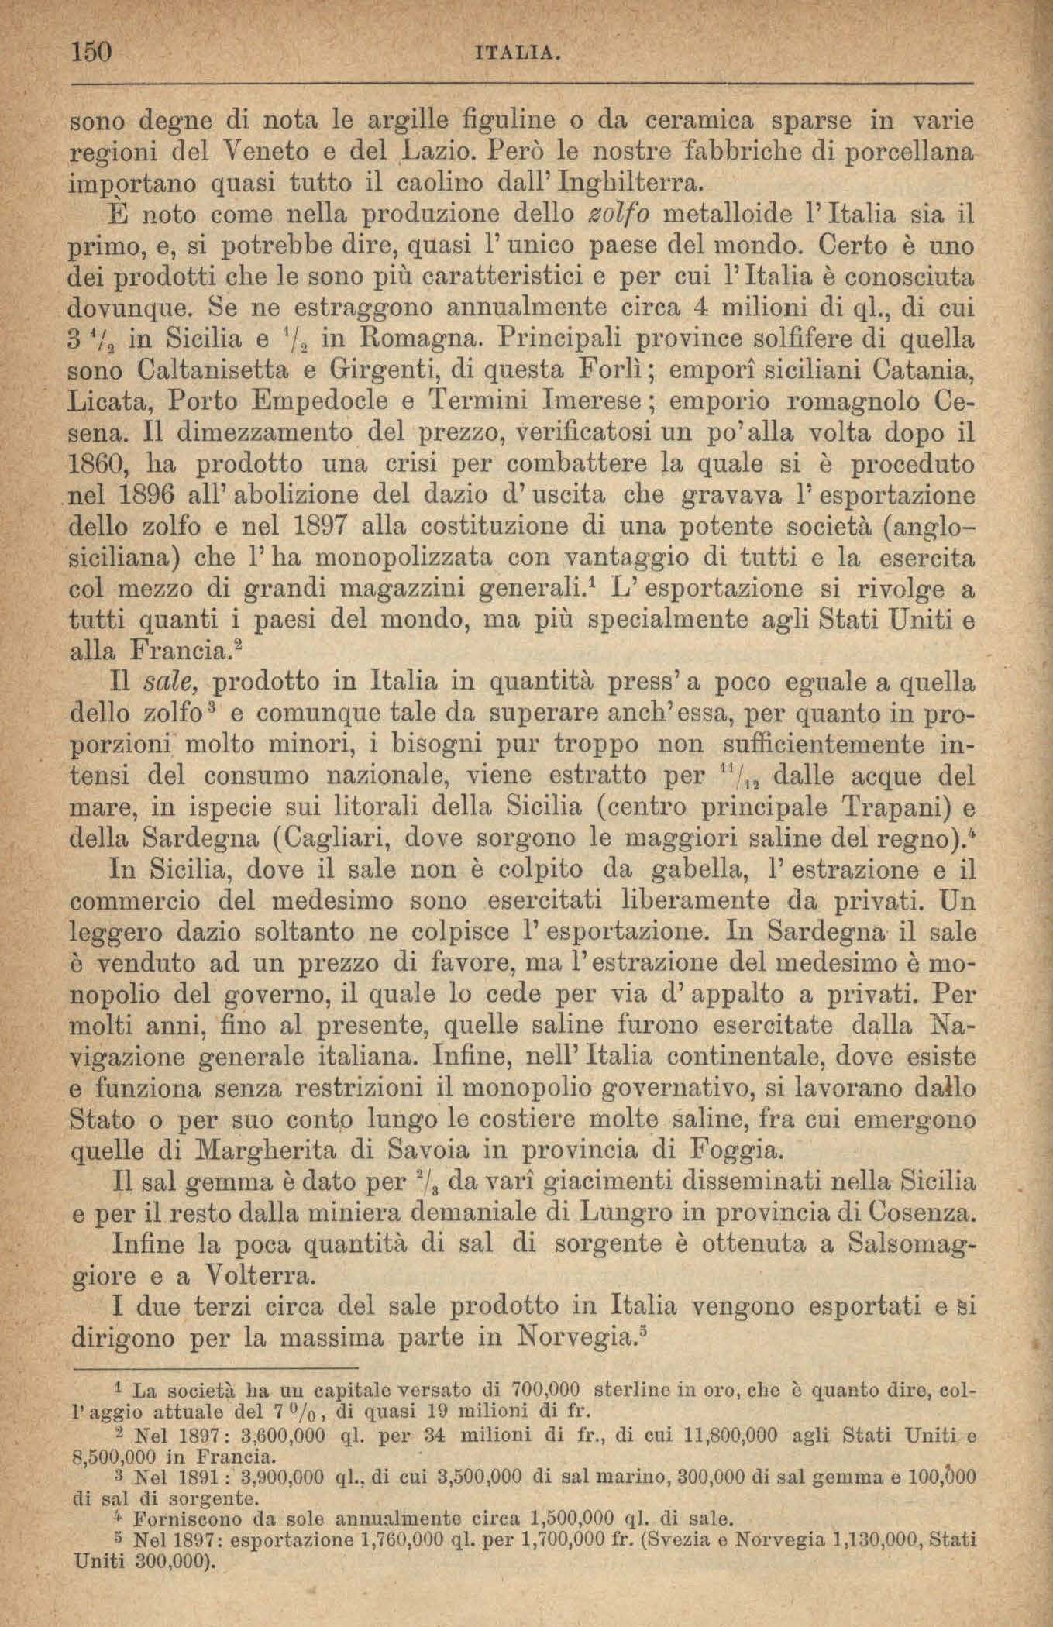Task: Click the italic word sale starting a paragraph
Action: [172, 683]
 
